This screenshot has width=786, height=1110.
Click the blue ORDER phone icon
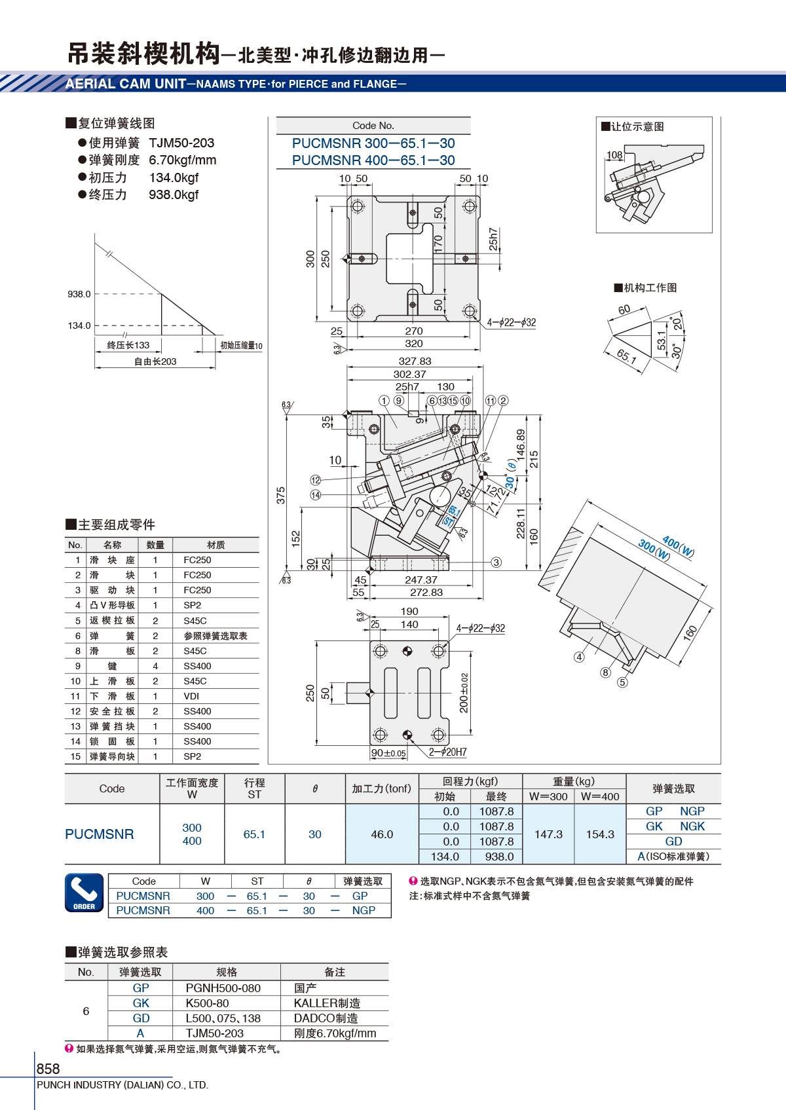[84, 893]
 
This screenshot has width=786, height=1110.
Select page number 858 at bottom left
[48, 1069]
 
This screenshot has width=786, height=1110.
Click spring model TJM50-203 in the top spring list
[181, 143]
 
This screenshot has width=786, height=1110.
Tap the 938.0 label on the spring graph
[79, 294]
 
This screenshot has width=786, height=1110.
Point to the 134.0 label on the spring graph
[79, 325]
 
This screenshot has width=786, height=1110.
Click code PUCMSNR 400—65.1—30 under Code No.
[373, 160]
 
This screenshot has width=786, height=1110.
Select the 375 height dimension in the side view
[281, 495]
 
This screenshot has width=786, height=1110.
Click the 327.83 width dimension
[415, 361]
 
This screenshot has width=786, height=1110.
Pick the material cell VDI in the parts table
[191, 695]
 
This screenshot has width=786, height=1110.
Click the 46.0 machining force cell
[382, 834]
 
